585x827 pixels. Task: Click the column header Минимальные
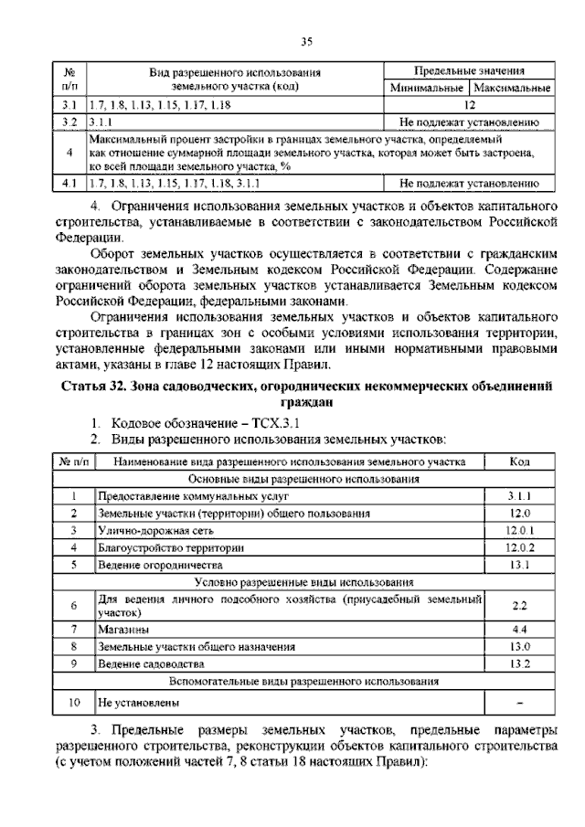coord(427,89)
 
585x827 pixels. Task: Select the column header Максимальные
coord(513,89)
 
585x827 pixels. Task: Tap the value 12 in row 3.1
coord(469,105)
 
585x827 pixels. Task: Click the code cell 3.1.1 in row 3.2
coord(101,121)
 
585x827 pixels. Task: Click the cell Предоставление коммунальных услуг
coord(192,495)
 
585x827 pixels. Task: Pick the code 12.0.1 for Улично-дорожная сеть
coord(519,530)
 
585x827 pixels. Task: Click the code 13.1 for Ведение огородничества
coord(519,565)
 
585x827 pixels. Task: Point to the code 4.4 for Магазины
coord(519,630)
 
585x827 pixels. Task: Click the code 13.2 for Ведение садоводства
coord(519,663)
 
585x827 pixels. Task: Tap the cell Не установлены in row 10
coord(138,703)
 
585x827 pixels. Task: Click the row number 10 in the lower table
coord(74,703)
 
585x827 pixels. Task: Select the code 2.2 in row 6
coord(519,605)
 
